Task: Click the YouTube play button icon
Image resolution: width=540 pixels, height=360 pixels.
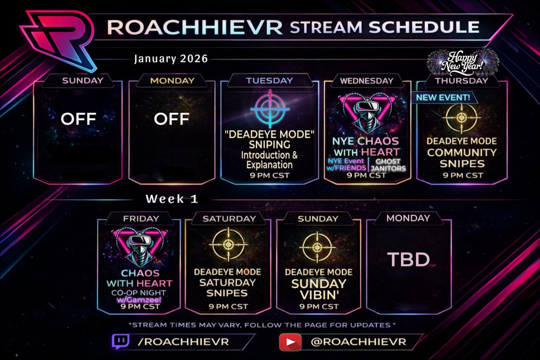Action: click(290, 342)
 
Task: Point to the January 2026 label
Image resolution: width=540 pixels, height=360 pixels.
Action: click(171, 59)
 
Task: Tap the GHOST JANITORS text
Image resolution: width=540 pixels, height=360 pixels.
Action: click(388, 165)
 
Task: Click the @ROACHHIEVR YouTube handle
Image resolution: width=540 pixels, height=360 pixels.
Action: click(358, 342)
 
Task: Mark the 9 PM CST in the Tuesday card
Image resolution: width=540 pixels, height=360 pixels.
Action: click(269, 175)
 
